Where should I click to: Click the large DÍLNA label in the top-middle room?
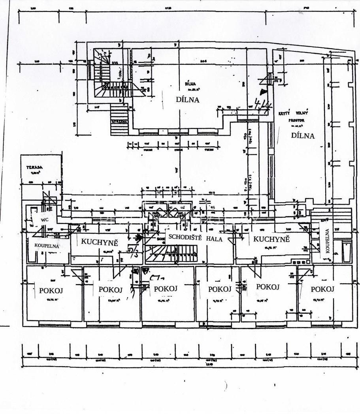[x=187, y=100]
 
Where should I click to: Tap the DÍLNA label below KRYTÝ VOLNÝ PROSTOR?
[x=303, y=135]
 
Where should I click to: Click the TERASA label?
[x=32, y=167]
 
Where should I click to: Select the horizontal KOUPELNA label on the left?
[x=46, y=245]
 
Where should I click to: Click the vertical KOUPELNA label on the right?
[x=327, y=241]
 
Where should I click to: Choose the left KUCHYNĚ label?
[x=100, y=242]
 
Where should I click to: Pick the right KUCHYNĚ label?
[x=271, y=239]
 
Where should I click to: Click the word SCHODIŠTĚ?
[x=185, y=237]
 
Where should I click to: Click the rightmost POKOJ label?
[x=322, y=289]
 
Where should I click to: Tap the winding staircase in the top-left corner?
[x=107, y=75]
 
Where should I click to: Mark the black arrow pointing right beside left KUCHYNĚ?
[x=138, y=238]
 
